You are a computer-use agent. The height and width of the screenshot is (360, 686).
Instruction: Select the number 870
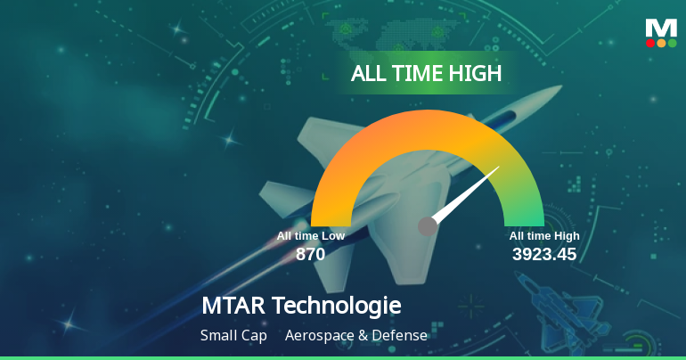click(310, 254)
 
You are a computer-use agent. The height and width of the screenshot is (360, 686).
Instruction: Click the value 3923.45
click(544, 254)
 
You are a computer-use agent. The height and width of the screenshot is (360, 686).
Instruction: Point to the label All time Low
click(310, 236)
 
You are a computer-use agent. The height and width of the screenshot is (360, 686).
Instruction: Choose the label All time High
click(544, 236)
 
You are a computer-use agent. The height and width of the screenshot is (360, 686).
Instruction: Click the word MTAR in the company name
click(233, 306)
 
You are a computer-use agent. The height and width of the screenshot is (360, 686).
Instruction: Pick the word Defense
click(400, 336)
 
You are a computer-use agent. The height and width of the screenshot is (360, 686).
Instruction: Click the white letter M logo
click(661, 28)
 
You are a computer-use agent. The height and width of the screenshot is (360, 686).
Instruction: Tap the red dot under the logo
click(650, 43)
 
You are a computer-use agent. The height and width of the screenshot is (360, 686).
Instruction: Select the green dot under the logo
click(673, 43)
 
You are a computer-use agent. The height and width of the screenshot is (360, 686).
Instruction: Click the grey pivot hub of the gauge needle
click(428, 226)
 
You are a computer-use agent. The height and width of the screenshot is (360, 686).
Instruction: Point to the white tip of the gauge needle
click(495, 170)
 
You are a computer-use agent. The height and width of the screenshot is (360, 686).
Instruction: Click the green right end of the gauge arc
click(524, 218)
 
